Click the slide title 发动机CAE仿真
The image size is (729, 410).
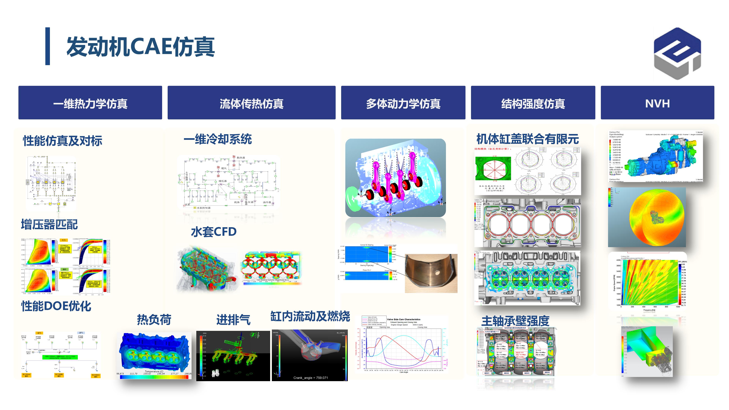click(141, 47)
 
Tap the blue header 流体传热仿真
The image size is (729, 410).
click(251, 103)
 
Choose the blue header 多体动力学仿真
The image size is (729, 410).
click(403, 103)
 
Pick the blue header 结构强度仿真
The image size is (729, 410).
click(533, 103)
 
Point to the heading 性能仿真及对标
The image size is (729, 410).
click(62, 141)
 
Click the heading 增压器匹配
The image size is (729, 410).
click(49, 224)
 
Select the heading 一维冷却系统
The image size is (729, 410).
click(217, 139)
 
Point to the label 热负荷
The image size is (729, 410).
click(154, 320)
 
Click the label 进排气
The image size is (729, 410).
click(233, 320)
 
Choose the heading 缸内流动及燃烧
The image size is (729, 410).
click(310, 316)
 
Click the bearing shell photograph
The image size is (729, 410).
click(431, 273)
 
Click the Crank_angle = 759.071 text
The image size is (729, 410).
click(310, 378)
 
